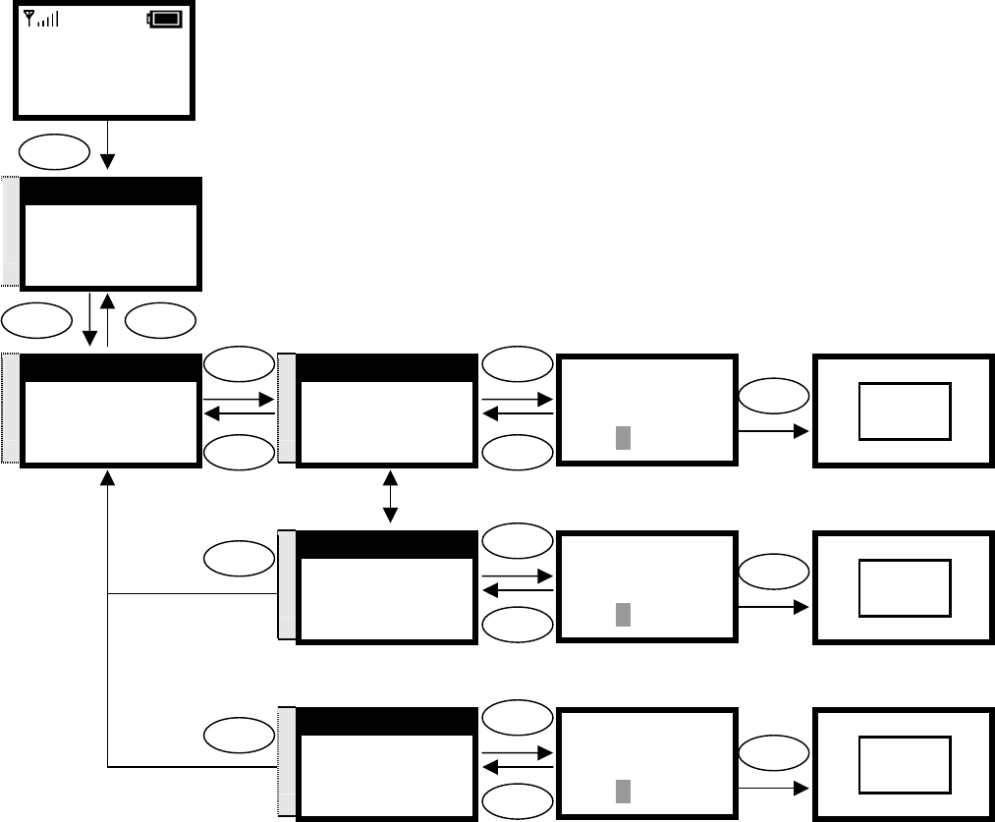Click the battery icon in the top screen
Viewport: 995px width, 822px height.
pos(166,19)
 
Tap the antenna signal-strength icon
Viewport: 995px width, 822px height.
pos(39,19)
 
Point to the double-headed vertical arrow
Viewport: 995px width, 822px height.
pos(391,497)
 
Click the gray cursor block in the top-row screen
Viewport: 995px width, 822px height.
pos(622,438)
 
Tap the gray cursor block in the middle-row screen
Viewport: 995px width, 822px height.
pos(622,615)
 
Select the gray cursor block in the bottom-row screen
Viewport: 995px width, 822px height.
pos(622,792)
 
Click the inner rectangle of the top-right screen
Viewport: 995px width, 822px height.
pos(905,411)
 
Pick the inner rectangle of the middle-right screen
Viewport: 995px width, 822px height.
pos(905,588)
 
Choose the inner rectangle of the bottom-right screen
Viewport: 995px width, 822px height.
pos(905,765)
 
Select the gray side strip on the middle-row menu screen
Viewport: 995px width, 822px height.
pos(287,585)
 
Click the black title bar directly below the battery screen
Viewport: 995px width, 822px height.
pos(111,192)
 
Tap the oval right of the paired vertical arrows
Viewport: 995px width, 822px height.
pos(161,319)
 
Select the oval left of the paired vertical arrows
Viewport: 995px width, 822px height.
pos(39,319)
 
